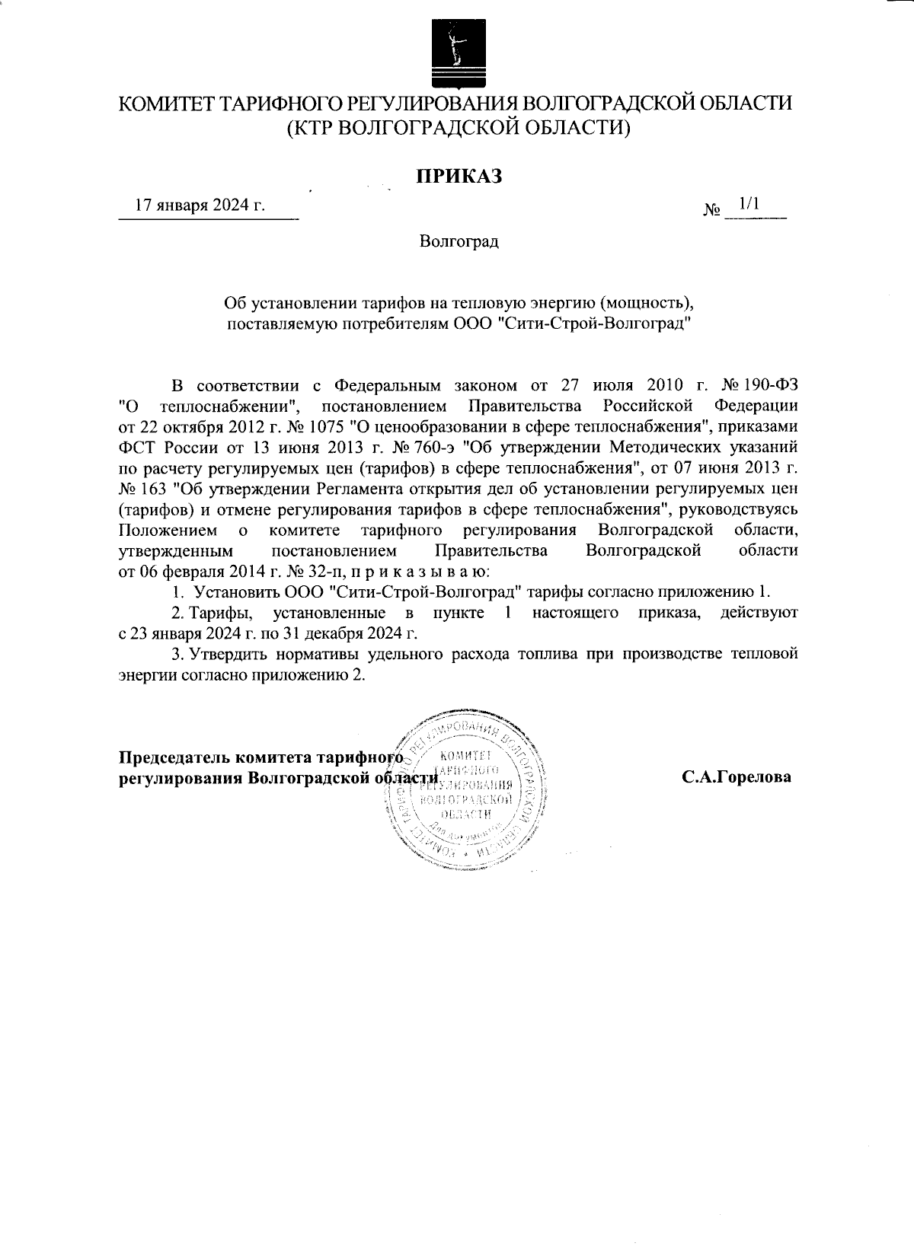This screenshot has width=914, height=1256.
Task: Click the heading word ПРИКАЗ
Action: [459, 177]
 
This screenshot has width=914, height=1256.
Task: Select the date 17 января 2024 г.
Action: [200, 206]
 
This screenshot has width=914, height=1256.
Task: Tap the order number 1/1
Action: [749, 204]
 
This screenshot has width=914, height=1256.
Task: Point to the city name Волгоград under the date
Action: [459, 242]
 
